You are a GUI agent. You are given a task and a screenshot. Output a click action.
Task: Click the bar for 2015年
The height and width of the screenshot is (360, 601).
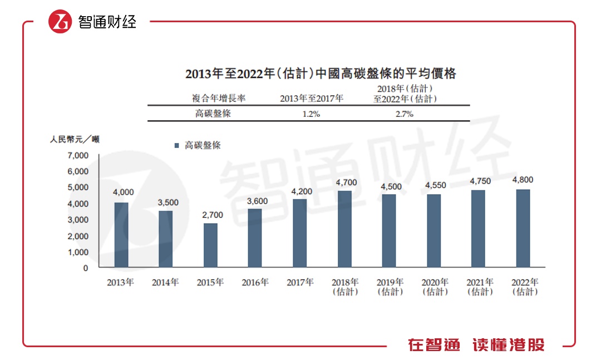[x=210, y=245]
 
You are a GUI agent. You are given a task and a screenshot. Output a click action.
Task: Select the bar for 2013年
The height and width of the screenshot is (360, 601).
[x=121, y=235]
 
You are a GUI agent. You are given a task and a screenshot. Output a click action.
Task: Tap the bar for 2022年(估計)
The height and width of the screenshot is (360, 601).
[x=523, y=228]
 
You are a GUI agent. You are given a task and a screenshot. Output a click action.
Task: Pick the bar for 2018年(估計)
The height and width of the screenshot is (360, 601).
[x=344, y=229]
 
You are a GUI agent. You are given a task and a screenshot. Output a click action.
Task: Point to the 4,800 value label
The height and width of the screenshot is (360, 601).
[x=523, y=180]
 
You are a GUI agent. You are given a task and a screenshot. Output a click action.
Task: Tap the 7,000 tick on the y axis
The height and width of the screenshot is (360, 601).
[x=78, y=155]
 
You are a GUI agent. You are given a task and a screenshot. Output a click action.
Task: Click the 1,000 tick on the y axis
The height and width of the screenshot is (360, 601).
[x=78, y=251]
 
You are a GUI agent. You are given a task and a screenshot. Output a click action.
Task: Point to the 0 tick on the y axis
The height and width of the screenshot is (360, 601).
[x=85, y=268]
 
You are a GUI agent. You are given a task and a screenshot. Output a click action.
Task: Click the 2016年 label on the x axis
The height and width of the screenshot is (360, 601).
[x=255, y=283]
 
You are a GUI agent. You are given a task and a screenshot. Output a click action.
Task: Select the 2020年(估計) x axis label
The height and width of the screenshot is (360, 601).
[x=435, y=287]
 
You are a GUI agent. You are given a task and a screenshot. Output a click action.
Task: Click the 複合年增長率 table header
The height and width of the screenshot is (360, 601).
[x=219, y=98]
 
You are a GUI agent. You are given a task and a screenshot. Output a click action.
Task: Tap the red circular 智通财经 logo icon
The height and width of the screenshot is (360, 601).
[x=60, y=22]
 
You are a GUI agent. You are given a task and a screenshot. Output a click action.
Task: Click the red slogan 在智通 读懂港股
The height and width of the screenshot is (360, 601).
[x=476, y=345]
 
